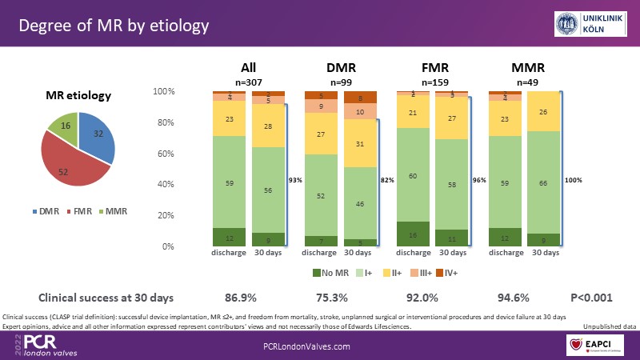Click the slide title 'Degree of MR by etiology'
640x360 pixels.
coord(114,25)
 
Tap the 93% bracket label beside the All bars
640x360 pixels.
coord(296,181)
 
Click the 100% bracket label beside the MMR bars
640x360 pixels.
coord(574,181)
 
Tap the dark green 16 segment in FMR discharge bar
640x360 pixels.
coord(413,234)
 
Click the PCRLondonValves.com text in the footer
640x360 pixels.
coord(307,346)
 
